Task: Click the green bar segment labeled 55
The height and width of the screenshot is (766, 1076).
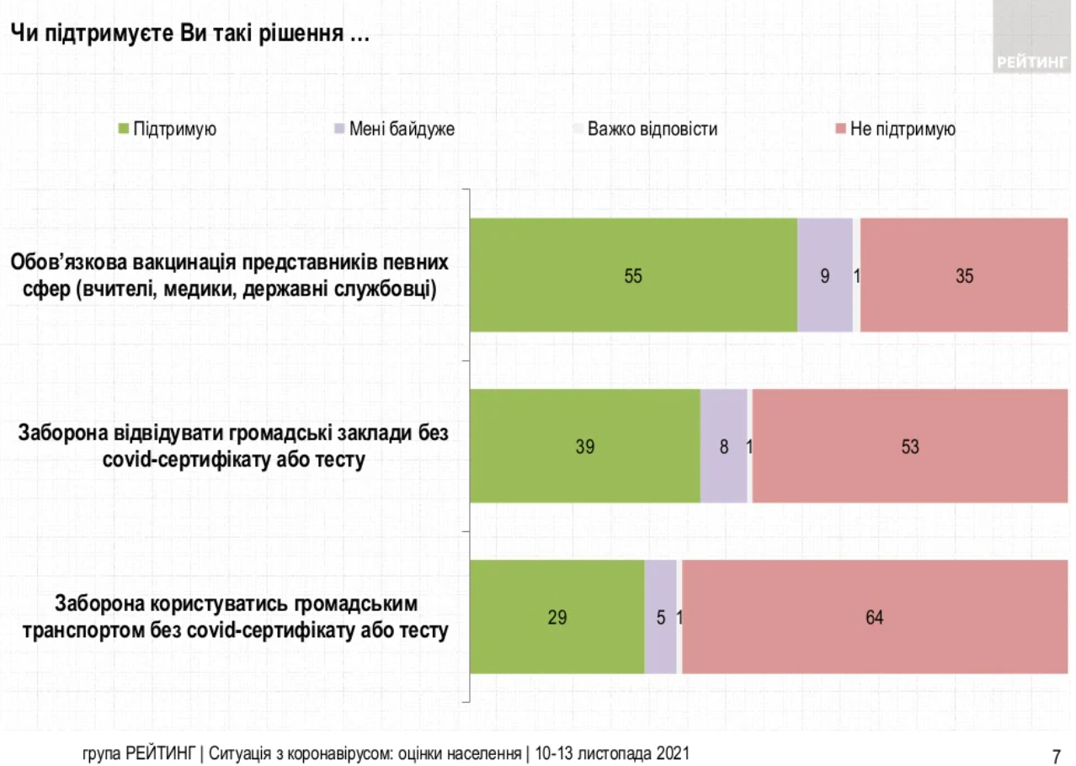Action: pos(633,274)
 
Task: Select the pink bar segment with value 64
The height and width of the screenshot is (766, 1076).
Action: pos(874,617)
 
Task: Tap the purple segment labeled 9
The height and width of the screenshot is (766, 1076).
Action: pos(825,274)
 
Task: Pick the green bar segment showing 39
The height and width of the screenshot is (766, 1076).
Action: pos(584,446)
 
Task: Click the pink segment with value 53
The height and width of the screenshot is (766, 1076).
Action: pos(909,446)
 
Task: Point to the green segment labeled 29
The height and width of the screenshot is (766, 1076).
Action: pos(557,617)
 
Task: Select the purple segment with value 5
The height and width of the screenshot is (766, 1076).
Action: pos(661,617)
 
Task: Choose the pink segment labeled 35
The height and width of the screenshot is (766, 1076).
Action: pos(964,274)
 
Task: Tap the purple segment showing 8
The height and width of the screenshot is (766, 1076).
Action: pos(724,446)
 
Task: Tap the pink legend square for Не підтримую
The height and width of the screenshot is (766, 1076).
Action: pos(839,130)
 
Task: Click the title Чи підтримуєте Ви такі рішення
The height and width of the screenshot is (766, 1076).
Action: pos(189,35)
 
